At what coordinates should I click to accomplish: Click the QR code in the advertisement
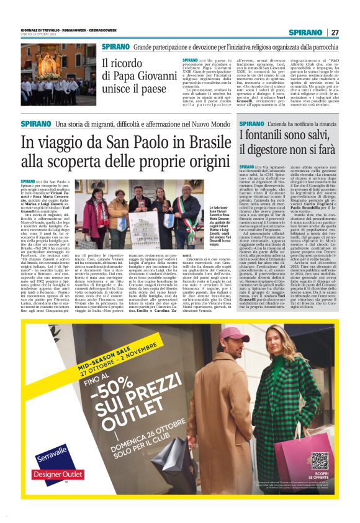tap(320, 460)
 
